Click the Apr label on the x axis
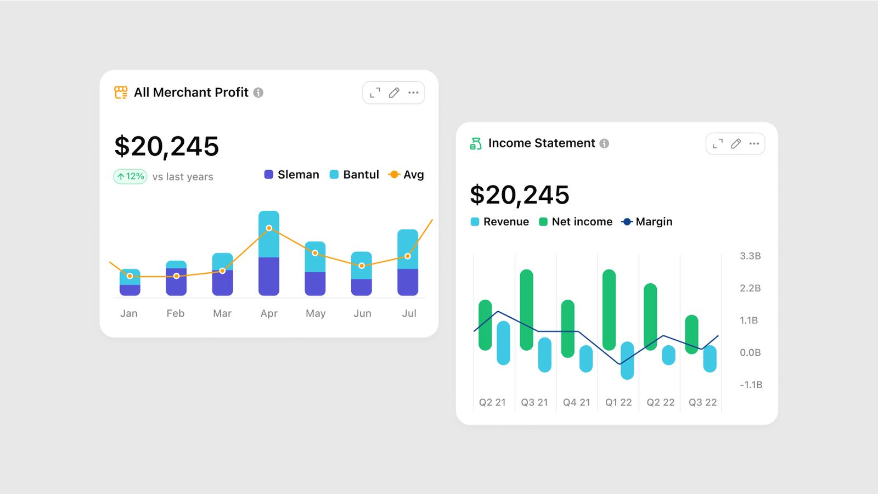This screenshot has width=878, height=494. tap(269, 313)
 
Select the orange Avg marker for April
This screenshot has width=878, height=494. tap(269, 228)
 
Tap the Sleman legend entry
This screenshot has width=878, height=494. tap(291, 175)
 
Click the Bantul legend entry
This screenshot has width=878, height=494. tap(354, 175)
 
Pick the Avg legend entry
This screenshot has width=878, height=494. tap(406, 175)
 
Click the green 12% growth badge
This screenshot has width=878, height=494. tap(130, 176)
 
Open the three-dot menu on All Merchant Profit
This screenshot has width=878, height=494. tap(413, 93)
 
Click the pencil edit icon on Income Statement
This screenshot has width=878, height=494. tap(736, 144)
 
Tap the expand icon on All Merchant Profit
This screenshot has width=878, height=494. tap(375, 93)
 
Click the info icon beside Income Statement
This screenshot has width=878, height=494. tap(604, 144)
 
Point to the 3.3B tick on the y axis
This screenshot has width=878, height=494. tap(750, 256)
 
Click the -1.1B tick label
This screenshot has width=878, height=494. tap(751, 385)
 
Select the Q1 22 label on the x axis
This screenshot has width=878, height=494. tap(618, 402)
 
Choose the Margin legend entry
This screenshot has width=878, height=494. tap(647, 222)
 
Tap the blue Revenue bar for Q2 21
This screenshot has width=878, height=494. tap(503, 344)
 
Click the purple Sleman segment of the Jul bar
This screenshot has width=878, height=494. tap(408, 282)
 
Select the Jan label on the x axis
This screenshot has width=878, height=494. tap(129, 313)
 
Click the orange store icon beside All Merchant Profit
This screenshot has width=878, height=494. tap(121, 92)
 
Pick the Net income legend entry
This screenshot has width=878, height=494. tap(576, 222)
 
